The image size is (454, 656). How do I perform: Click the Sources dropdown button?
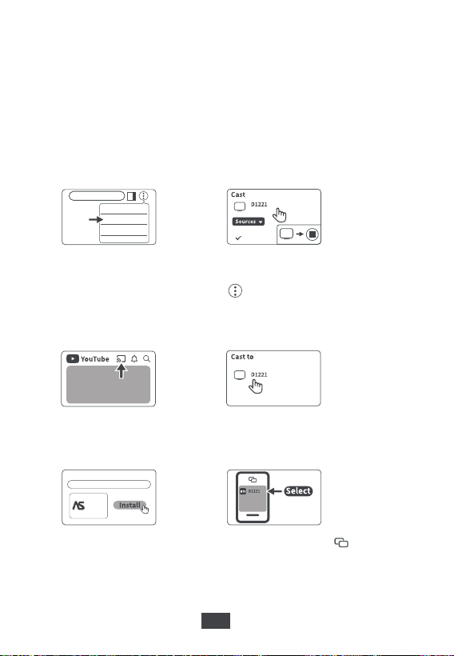tap(249, 222)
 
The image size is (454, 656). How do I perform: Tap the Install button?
tap(129, 505)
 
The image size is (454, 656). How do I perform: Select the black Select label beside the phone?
tap(298, 490)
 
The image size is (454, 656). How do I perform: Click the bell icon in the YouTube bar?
tap(134, 358)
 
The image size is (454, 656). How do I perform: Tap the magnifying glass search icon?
tap(146, 358)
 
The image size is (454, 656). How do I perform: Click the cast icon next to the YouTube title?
tap(121, 358)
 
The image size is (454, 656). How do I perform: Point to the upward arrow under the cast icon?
tap(121, 371)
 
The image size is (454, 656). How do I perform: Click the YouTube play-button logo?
tap(73, 359)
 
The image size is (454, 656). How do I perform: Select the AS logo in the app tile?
tap(78, 506)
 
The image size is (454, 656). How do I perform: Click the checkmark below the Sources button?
tap(239, 238)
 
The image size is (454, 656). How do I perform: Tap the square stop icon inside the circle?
tap(313, 234)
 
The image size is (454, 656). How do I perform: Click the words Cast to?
tap(242, 357)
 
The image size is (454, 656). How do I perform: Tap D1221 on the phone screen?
tap(254, 491)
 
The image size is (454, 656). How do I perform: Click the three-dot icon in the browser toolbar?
tap(143, 196)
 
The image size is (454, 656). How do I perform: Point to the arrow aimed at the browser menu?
tap(96, 219)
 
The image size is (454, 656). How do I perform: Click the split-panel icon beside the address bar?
tap(132, 196)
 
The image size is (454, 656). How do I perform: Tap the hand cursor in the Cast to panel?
tap(256, 386)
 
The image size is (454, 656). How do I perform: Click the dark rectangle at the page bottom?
tap(216, 621)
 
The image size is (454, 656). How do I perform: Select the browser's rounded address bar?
tap(97, 196)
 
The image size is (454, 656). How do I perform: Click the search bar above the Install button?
tap(109, 485)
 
